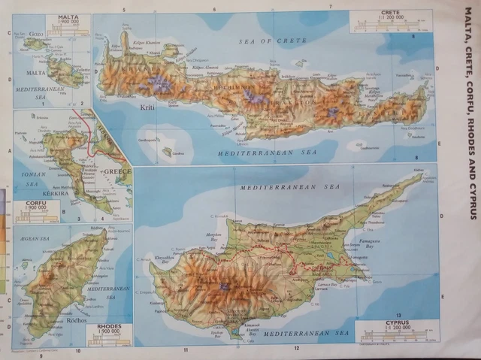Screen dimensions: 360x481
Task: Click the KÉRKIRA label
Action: click(x=35, y=194)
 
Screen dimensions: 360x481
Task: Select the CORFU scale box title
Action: click(x=36, y=203)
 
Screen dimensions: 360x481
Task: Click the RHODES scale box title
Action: click(x=110, y=327)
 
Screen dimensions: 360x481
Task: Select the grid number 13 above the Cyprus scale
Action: click(x=399, y=315)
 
